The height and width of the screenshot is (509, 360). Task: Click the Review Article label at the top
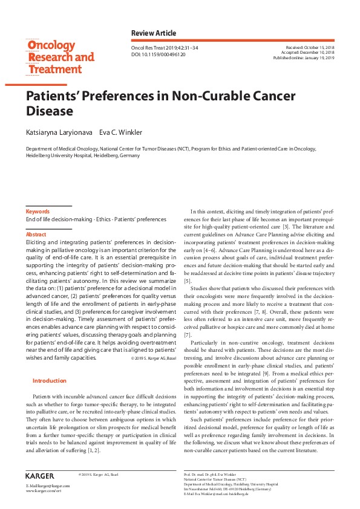[154, 32]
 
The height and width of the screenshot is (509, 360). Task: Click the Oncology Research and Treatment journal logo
[60, 57]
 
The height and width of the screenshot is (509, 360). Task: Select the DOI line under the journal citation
[159, 54]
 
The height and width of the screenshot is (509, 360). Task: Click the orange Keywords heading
[38, 212]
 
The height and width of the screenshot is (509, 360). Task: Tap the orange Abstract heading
[36, 234]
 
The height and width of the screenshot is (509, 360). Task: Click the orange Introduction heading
[49, 381]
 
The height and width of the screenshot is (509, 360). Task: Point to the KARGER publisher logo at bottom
[40, 476]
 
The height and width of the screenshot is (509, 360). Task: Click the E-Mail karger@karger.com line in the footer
[48, 486]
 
